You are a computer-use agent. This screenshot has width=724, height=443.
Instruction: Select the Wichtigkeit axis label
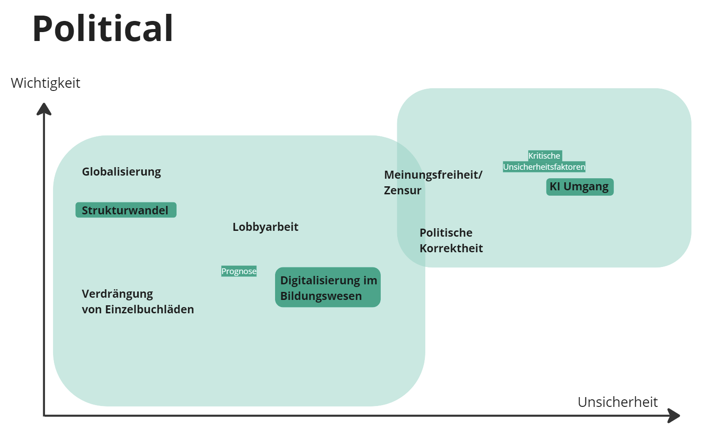pos(45,83)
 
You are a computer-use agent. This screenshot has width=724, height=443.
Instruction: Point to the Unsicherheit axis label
pos(617,402)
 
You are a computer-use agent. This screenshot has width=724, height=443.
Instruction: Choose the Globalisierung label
pos(121,172)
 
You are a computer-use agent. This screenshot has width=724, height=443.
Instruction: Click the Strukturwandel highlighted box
pos(126,210)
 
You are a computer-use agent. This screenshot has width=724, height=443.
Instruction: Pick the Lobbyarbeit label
pos(265,227)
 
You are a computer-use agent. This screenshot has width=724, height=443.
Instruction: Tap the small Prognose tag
pos(239,271)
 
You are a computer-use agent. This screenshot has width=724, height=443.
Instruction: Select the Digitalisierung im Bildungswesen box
pos(328,287)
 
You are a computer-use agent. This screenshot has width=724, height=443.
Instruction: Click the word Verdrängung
pos(117,294)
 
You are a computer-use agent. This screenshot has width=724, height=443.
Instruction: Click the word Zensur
pos(403,190)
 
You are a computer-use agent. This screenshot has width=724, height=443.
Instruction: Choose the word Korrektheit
pos(451,248)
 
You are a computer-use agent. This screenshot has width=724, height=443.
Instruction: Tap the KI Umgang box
pos(580,187)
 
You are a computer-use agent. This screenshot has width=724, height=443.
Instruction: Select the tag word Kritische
pos(544,156)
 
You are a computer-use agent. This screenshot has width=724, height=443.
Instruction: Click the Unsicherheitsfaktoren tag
pos(544,167)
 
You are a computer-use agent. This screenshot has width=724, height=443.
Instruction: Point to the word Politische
pos(446,233)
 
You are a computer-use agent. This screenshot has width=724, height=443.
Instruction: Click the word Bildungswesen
pos(321,296)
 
